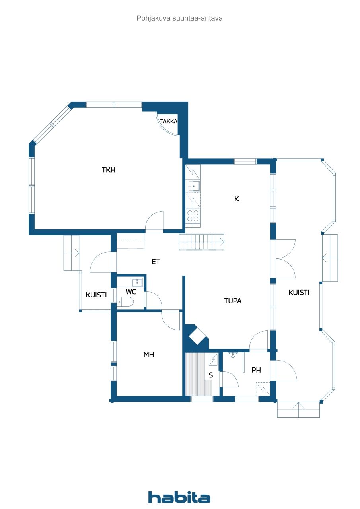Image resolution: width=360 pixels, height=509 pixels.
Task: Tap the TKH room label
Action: [109, 170]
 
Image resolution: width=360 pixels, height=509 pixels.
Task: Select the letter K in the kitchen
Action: [236, 199]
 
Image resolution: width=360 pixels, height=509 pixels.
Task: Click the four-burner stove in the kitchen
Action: [193, 216]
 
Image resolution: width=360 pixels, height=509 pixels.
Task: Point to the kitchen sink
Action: [194, 186]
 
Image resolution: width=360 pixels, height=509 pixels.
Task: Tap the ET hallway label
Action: [156, 262]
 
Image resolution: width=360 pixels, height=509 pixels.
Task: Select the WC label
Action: [131, 292]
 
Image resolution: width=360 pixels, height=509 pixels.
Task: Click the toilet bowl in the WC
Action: [125, 303]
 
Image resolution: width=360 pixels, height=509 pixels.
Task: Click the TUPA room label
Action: [233, 301]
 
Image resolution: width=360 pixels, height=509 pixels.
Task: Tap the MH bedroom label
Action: [149, 354]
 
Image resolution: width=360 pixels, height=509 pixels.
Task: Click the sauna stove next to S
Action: [213, 359]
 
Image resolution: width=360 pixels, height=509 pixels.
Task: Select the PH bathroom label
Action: [256, 370]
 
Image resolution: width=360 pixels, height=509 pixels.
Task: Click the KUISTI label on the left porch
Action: [96, 295]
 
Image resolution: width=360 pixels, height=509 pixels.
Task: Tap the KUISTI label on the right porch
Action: [299, 292]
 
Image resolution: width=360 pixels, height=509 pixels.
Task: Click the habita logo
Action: [179, 497]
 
